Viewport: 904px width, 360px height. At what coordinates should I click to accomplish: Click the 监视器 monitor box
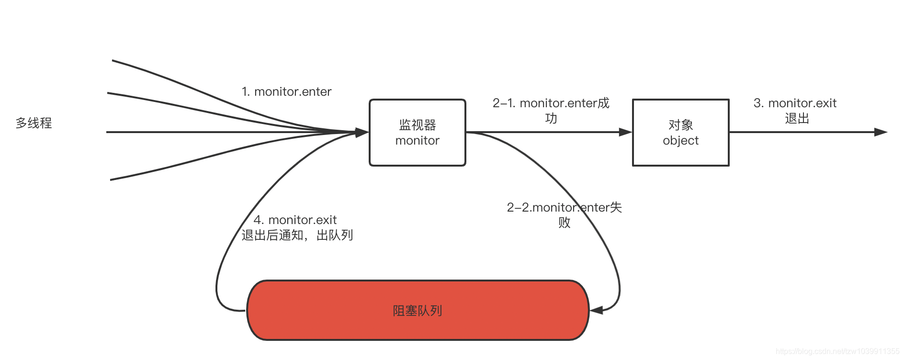point(417,133)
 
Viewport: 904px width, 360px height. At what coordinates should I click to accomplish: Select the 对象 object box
point(680,133)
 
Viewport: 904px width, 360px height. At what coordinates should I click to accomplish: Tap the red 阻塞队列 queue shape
point(417,310)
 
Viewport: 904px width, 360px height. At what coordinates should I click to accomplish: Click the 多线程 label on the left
point(34,123)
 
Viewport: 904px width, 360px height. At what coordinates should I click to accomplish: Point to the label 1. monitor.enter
point(286,91)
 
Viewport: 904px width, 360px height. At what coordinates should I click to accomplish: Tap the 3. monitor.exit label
point(795,103)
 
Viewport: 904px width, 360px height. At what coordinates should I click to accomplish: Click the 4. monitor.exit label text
point(295,220)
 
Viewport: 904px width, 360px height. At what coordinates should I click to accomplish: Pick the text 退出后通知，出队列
point(297,235)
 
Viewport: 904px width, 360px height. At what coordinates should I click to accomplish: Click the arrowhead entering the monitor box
point(362,132)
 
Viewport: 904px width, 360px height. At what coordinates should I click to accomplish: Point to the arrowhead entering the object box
point(625,132)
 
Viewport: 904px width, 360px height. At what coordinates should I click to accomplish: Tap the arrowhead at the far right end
point(881,132)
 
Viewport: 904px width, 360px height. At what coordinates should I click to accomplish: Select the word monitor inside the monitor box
point(417,141)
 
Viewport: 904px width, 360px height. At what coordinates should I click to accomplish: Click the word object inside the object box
point(680,141)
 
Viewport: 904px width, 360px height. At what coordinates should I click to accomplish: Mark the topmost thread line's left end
point(113,61)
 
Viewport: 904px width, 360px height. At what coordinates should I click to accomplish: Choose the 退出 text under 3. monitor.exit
point(797,118)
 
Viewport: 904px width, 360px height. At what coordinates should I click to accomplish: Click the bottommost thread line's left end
point(111,180)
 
